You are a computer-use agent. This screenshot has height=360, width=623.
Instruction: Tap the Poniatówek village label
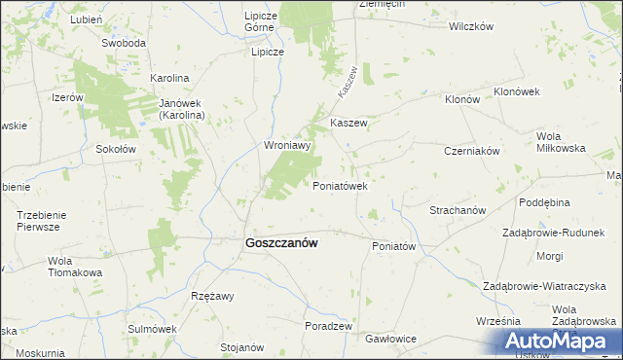[x=339, y=186]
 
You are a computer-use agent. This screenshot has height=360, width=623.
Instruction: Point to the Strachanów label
[x=458, y=210]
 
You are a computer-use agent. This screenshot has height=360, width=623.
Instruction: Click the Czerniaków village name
[x=471, y=152]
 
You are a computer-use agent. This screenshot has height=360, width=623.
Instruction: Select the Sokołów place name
[x=115, y=149]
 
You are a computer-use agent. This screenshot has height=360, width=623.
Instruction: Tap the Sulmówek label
[x=150, y=329]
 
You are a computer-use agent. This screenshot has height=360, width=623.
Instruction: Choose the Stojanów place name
[x=242, y=347]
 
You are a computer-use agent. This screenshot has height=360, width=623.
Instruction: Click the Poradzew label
[x=328, y=326]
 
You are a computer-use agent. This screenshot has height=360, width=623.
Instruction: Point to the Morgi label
[x=549, y=257]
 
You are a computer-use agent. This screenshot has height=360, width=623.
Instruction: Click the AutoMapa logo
[x=557, y=341]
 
